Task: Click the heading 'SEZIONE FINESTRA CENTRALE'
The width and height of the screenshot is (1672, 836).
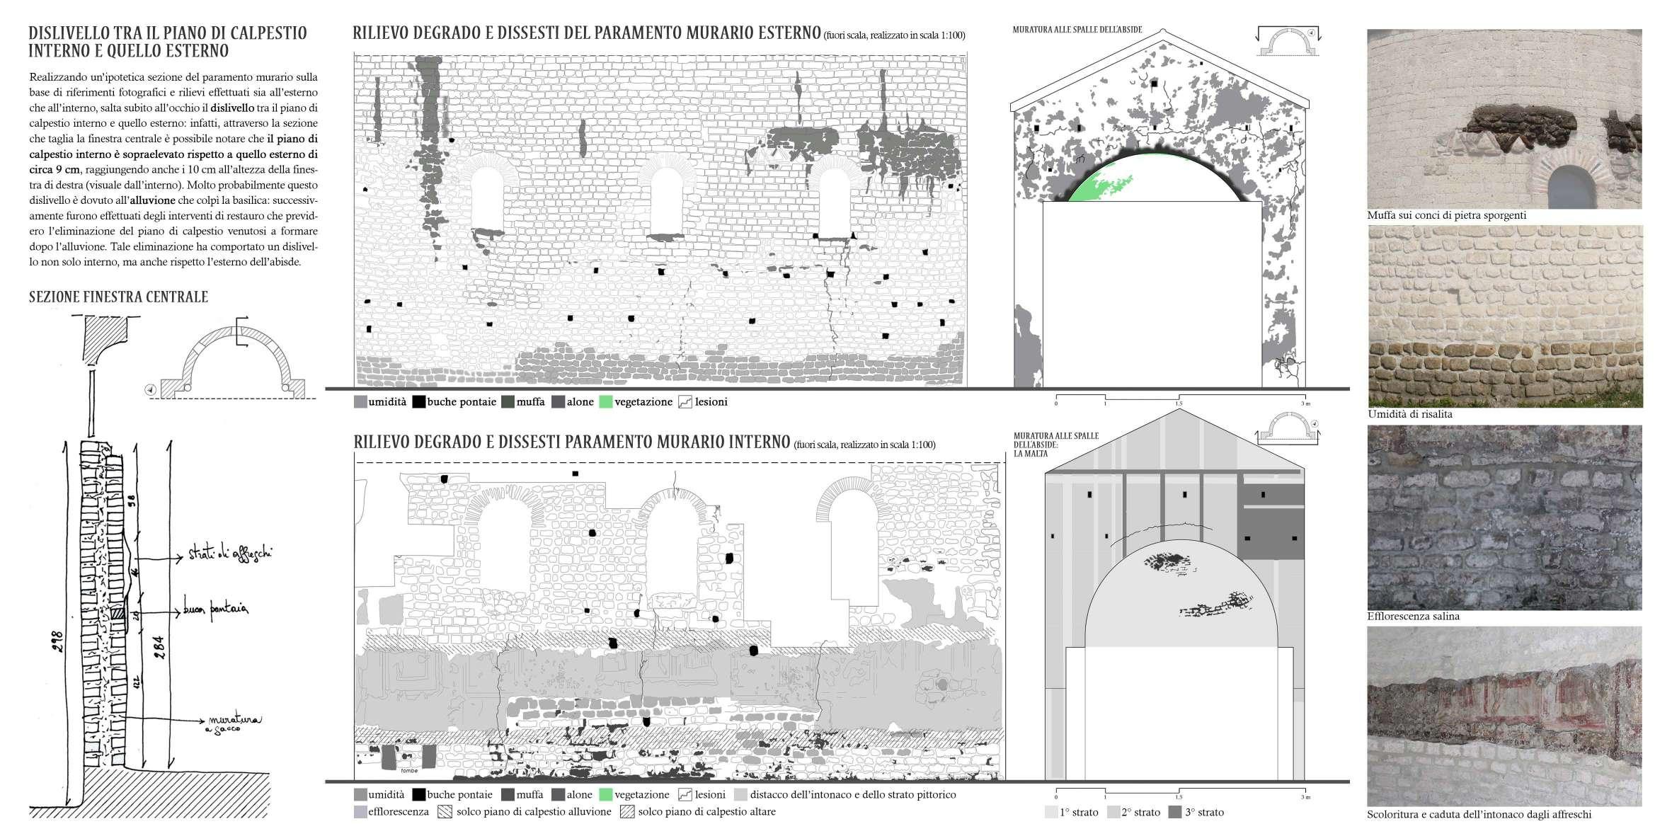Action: click(x=118, y=297)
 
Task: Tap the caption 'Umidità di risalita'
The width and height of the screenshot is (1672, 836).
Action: click(x=1409, y=414)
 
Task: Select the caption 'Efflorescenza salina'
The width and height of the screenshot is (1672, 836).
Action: click(x=1413, y=617)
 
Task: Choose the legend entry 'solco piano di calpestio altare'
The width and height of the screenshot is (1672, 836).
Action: click(x=698, y=812)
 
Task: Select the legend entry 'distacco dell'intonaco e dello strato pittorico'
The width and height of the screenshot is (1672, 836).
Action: click(x=845, y=795)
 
